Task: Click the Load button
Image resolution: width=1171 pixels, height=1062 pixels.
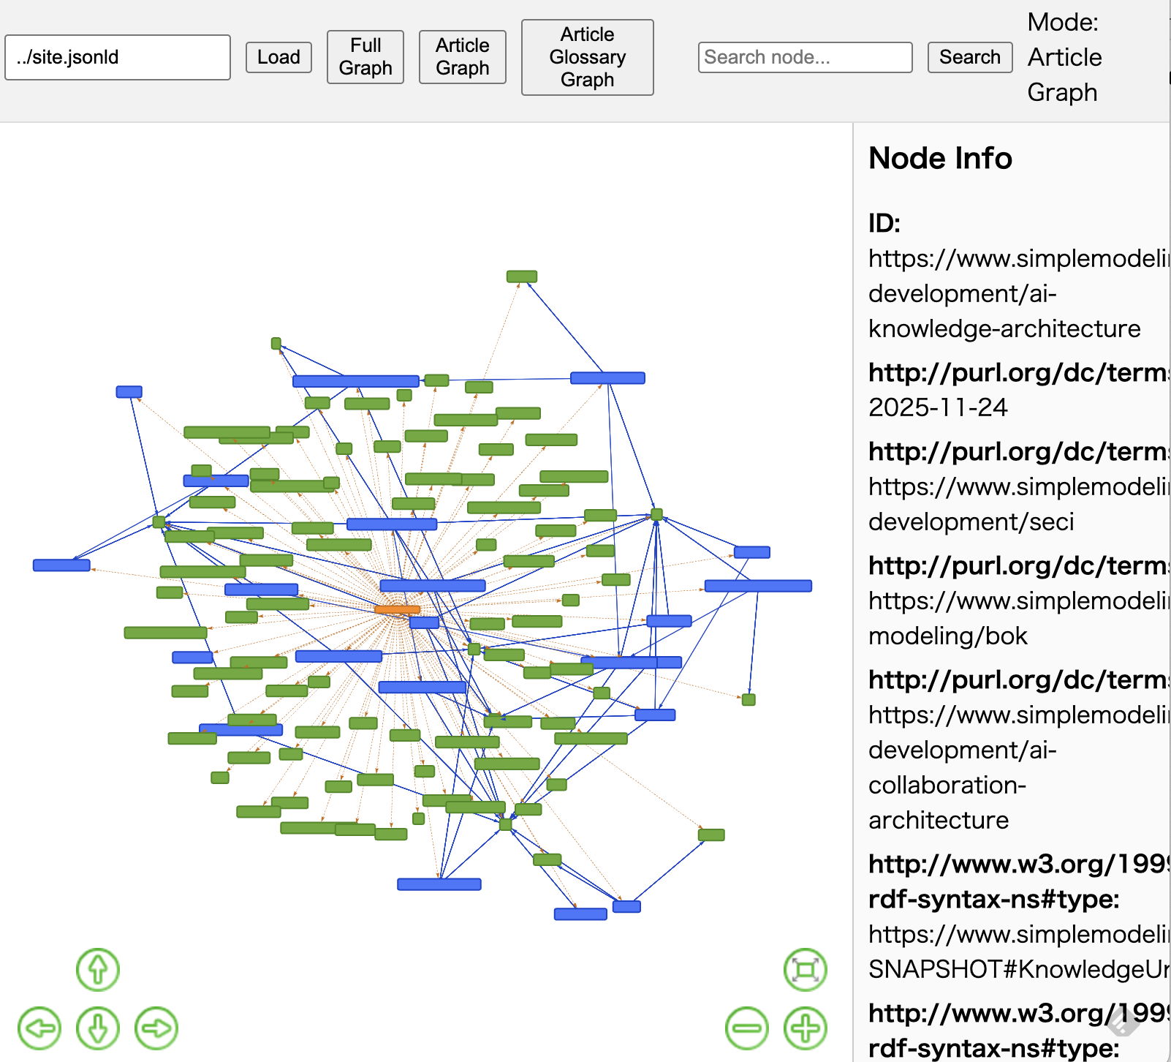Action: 278,57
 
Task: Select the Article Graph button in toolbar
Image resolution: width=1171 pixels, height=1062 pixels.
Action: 462,57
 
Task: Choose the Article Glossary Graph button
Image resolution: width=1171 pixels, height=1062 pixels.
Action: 587,57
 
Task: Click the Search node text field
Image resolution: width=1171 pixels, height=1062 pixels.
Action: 805,57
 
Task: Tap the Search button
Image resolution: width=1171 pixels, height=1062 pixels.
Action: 969,57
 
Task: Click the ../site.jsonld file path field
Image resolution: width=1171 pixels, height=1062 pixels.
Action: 118,57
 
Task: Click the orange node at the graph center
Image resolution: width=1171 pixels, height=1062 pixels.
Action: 397,609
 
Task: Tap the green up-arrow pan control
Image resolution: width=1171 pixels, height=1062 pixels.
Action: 98,970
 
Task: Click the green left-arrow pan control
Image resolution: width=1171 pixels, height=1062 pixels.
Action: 39,1028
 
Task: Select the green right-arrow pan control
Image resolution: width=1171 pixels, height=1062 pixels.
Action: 156,1028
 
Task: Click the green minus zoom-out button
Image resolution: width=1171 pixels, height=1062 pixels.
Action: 747,1028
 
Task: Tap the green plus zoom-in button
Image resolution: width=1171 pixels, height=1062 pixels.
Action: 806,1028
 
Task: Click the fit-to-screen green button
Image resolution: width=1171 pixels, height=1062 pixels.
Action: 806,970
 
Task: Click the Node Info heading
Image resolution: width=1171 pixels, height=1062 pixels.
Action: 940,158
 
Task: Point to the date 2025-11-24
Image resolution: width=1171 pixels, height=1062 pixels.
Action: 938,407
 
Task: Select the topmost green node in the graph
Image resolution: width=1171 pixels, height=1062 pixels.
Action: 522,276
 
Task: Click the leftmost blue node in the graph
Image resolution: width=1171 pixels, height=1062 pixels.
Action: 61,565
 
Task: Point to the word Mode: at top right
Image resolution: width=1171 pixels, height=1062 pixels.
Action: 1063,23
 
